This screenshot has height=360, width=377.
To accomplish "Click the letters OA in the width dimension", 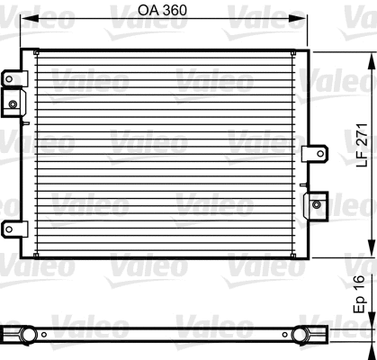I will click(x=149, y=12).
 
